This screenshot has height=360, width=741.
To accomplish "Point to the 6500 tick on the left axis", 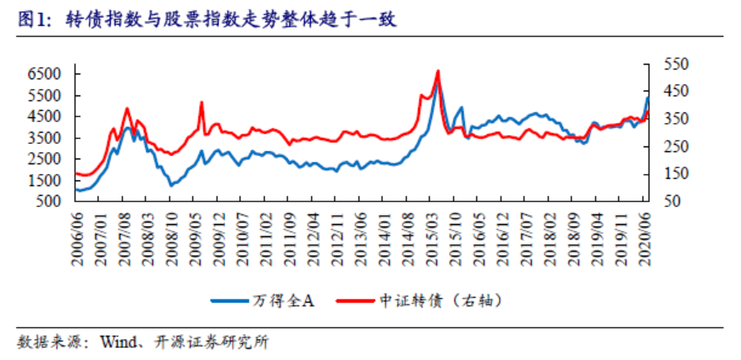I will [x=44, y=74].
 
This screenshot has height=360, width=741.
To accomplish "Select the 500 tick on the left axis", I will [x=49, y=201].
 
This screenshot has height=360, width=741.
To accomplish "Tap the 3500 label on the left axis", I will [x=44, y=138].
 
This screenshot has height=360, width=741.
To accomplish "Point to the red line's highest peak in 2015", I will [x=438, y=71].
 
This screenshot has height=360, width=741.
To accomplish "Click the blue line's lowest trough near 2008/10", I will [x=171, y=185].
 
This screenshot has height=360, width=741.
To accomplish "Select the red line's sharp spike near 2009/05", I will [x=201, y=103].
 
